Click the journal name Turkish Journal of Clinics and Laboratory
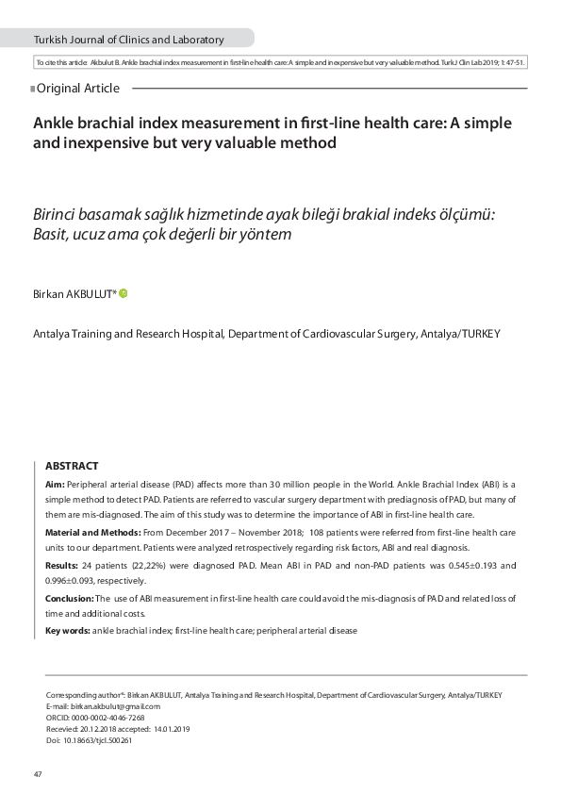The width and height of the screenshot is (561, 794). (129, 40)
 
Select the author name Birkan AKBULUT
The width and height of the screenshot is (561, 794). (74, 294)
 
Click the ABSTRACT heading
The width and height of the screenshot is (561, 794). (72, 466)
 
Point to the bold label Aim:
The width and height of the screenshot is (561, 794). (55, 483)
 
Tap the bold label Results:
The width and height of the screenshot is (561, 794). (62, 566)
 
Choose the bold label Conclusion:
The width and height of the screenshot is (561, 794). (70, 599)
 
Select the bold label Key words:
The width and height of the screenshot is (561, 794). (68, 630)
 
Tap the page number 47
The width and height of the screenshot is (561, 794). (38, 774)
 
